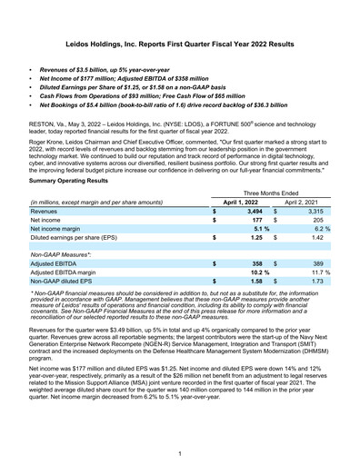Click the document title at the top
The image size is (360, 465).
pyautogui.click(x=180, y=43)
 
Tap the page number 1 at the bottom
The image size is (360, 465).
pyautogui.click(x=180, y=451)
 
